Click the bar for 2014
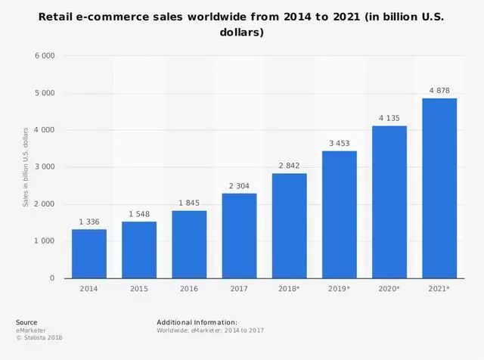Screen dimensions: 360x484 tap(89, 253)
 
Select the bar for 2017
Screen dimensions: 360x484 tap(239, 235)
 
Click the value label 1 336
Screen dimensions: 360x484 tap(89, 222)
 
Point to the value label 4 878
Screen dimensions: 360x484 tap(439, 91)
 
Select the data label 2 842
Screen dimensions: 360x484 tap(289, 166)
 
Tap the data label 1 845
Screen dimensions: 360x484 tap(189, 203)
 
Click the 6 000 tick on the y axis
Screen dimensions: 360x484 tap(43, 56)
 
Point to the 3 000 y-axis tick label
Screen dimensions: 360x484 tap(43, 167)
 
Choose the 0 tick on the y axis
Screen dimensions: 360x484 tap(52, 278)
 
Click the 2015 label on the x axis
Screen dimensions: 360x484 tap(139, 289)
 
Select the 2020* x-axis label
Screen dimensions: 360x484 tap(389, 289)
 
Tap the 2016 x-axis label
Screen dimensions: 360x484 tap(189, 289)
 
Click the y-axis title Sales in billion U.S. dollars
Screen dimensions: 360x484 tap(26, 167)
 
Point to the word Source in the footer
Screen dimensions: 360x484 tap(26, 322)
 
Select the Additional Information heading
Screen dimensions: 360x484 tap(197, 322)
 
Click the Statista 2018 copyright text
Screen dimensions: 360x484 tap(39, 337)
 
